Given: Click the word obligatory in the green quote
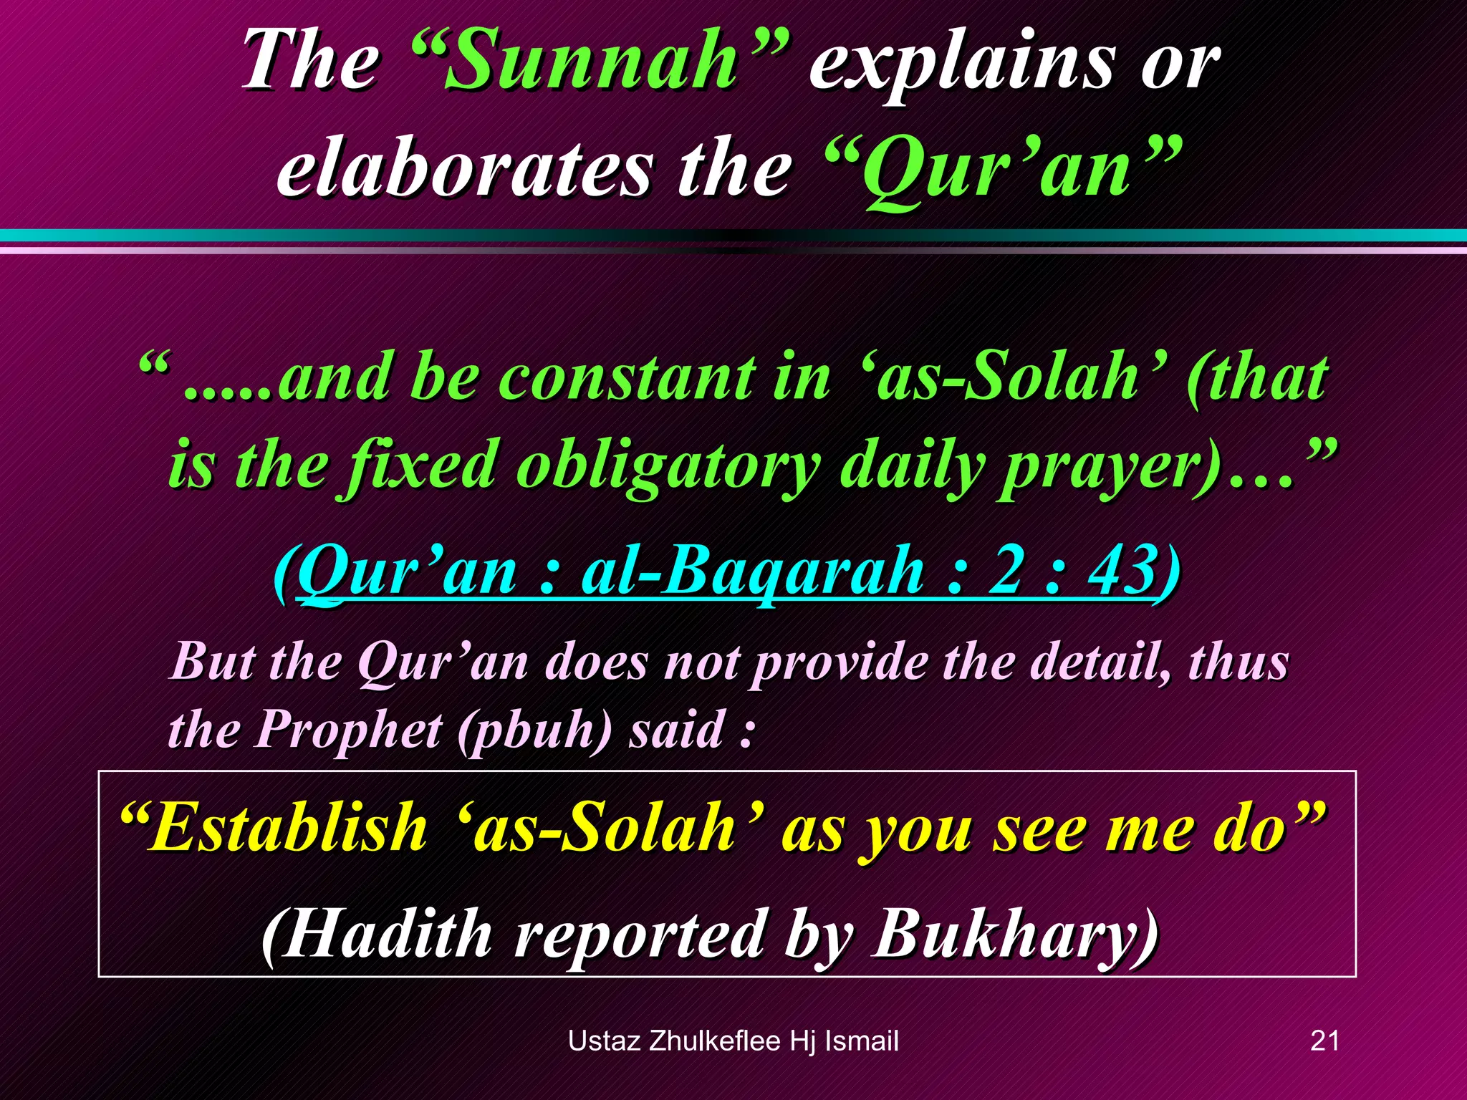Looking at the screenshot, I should (668, 465).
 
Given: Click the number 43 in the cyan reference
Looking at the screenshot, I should (1121, 570).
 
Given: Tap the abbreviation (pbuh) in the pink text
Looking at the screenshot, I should (534, 730).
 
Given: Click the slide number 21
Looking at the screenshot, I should (1324, 1041).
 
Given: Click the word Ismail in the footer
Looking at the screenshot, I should (862, 1041).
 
